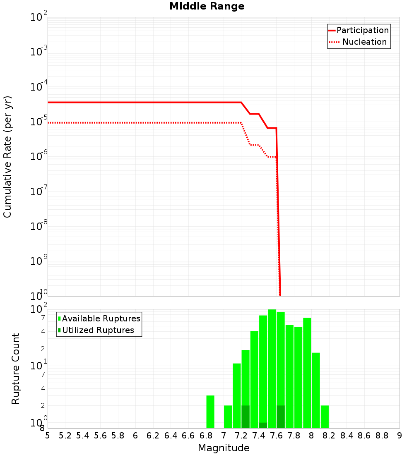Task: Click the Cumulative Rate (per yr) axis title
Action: click(x=7, y=157)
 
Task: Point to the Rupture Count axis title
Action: click(x=16, y=369)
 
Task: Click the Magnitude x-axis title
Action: click(x=224, y=448)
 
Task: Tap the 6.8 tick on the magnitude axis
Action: click(x=206, y=436)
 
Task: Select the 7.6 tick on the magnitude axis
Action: click(x=276, y=436)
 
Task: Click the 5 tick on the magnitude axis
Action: click(x=48, y=436)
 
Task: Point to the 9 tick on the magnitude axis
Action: click(x=400, y=436)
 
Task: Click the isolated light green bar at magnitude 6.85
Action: click(x=210, y=412)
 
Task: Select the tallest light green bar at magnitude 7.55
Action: click(x=272, y=368)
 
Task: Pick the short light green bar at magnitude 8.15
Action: click(x=325, y=417)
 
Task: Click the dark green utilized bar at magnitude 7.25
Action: click(x=246, y=417)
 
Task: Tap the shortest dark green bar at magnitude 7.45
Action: click(x=263, y=425)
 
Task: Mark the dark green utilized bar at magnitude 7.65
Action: click(x=281, y=417)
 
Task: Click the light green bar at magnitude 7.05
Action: click(x=228, y=417)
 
